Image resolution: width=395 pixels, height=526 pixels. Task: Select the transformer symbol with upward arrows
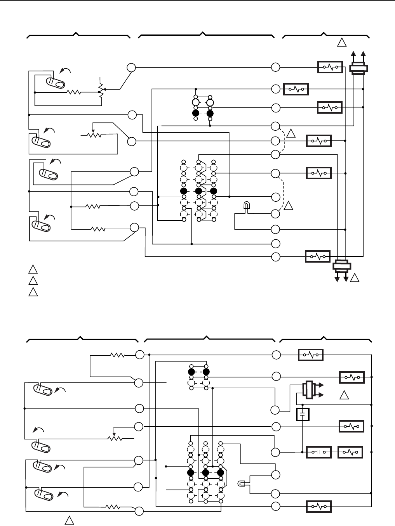click(358, 68)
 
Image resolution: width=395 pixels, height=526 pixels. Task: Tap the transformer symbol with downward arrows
click(342, 266)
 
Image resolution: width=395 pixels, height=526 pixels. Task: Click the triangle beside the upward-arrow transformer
click(341, 43)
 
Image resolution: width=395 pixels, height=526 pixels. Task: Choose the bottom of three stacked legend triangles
click(33, 292)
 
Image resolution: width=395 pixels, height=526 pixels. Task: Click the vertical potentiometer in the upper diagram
click(101, 92)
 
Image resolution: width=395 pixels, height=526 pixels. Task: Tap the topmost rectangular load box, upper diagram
click(330, 67)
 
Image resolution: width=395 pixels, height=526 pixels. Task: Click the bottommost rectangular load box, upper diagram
click(318, 256)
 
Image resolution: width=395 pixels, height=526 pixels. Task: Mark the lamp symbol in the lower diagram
click(242, 484)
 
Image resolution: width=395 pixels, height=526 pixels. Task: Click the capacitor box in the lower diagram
click(302, 414)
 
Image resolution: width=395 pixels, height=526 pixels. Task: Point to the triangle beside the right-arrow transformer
click(344, 396)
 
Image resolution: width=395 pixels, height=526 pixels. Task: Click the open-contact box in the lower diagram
click(319, 452)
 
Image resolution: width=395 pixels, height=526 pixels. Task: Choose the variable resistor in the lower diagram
click(116, 438)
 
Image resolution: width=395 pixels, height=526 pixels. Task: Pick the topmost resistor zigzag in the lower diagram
click(117, 355)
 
